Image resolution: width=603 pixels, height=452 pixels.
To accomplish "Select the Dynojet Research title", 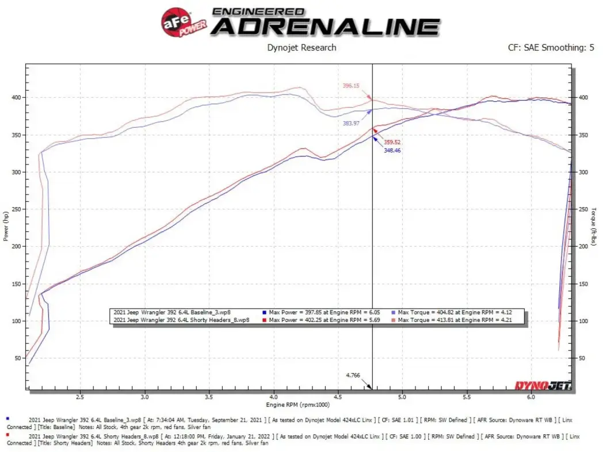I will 301,48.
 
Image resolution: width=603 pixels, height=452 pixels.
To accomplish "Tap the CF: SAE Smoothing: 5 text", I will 551,48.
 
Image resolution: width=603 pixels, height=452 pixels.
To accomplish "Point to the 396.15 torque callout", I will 350,86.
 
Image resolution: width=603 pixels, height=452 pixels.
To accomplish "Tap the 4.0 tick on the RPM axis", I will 274,396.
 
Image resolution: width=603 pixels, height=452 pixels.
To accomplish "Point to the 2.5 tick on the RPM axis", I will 80,396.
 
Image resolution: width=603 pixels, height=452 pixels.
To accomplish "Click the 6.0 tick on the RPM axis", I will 531,396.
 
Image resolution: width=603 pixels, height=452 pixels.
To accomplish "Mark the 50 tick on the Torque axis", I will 582,358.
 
